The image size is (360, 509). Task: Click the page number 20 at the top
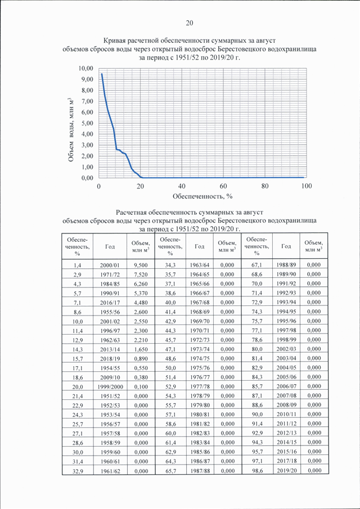tap(190, 22)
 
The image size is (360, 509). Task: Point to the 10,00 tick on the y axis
tap(87, 69)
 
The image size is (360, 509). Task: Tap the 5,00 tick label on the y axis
tap(88, 123)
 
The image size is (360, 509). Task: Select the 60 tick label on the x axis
tap(223, 186)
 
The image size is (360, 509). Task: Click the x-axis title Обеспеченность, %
tap(202, 196)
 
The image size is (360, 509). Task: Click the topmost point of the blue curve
tap(102, 74)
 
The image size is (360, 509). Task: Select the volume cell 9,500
tap(141, 265)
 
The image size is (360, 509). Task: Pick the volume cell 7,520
tap(141, 274)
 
